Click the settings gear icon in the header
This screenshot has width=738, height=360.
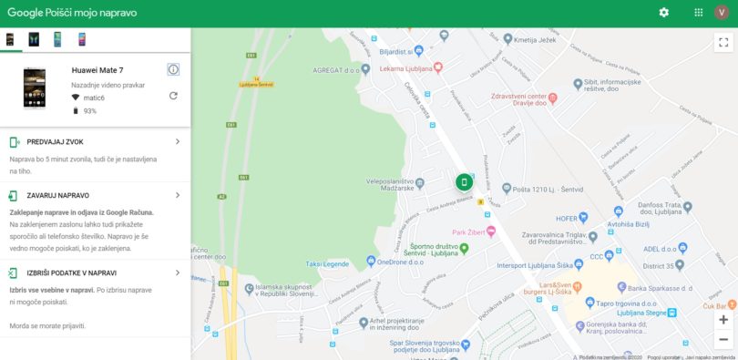(x=663, y=13)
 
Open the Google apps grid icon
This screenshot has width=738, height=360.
(x=698, y=13)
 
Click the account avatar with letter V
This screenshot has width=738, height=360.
(x=722, y=13)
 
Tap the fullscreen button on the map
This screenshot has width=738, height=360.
(x=723, y=42)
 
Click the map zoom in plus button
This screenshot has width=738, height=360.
(x=723, y=320)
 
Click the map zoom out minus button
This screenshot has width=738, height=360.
(x=723, y=339)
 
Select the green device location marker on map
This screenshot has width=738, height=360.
(x=464, y=182)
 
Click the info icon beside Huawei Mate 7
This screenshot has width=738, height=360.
(x=173, y=69)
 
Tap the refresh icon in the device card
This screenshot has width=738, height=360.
(x=173, y=96)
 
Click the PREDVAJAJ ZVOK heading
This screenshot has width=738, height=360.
(x=56, y=142)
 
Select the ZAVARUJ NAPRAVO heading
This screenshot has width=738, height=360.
(x=58, y=196)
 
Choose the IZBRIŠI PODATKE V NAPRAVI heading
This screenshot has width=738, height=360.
(x=72, y=273)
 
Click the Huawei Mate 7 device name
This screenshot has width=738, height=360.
(x=97, y=70)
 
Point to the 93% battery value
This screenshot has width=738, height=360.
(x=90, y=111)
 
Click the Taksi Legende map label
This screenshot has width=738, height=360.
(x=326, y=264)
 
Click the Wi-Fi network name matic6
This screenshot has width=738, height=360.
(x=94, y=98)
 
